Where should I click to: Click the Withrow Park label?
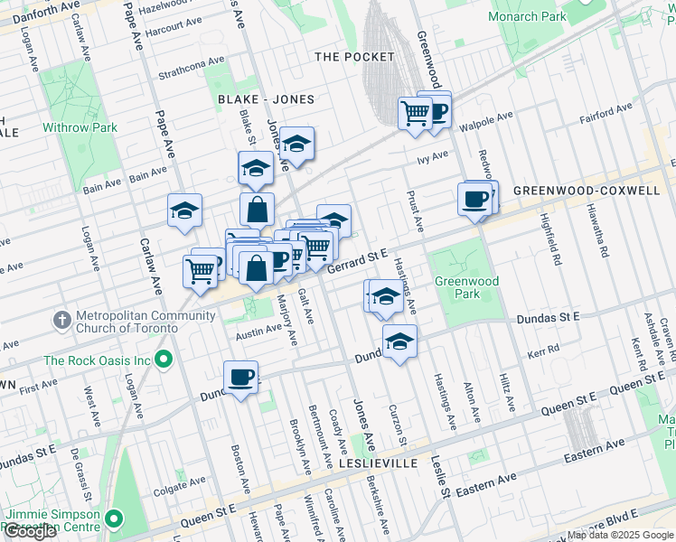pyautogui.click(x=80, y=127)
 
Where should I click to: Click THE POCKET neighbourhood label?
pyautogui.click(x=354, y=57)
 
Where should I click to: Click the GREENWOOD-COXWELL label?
pyautogui.click(x=587, y=192)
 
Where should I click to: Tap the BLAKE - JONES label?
pyautogui.click(x=266, y=99)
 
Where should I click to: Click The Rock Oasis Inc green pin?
pyautogui.click(x=164, y=360)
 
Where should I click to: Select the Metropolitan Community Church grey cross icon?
pyautogui.click(x=61, y=319)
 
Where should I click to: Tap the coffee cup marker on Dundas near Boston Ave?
pyautogui.click(x=240, y=377)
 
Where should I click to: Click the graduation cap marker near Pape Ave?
pyautogui.click(x=184, y=211)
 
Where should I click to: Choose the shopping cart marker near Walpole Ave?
pyautogui.click(x=415, y=114)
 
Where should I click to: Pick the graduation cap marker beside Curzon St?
pyautogui.click(x=399, y=341)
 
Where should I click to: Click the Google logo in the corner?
pyautogui.click(x=30, y=531)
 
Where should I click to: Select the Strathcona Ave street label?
pyautogui.click(x=191, y=67)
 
